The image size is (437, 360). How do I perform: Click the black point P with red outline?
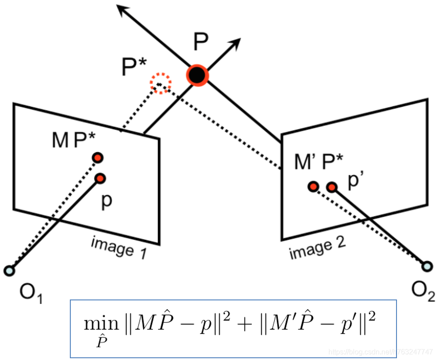point(196,75)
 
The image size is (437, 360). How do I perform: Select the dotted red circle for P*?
point(160,82)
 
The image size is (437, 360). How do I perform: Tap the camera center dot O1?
point(9,270)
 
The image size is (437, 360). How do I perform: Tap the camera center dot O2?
point(427,266)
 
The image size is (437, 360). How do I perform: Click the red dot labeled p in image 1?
point(100,178)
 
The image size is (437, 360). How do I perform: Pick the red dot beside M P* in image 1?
point(97,158)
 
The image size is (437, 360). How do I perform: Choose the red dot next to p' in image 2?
point(331,187)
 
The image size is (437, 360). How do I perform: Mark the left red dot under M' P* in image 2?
point(313,186)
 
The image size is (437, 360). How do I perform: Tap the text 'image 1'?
point(118,247)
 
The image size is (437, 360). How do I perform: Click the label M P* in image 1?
point(73,141)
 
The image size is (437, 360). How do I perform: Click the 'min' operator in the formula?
point(97,323)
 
